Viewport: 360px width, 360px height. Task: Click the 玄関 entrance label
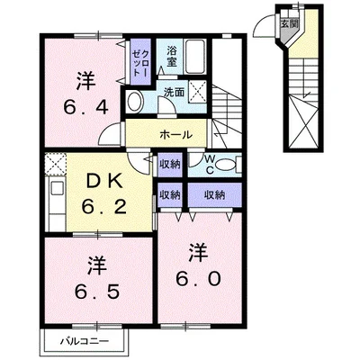(289, 24)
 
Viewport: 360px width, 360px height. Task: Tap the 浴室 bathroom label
(172, 56)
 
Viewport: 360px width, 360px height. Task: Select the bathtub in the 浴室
(195, 56)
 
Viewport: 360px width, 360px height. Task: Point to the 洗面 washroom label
(174, 92)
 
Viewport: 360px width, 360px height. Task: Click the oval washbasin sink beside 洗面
(134, 102)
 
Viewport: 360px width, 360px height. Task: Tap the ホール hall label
(176, 134)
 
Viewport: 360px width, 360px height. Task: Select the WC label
(210, 165)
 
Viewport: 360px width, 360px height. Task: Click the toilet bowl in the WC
(226, 165)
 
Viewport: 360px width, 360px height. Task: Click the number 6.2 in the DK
(104, 207)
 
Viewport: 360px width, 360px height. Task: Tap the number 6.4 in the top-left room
(85, 107)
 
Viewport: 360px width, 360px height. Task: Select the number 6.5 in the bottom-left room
(97, 292)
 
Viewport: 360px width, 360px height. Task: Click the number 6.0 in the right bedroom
(198, 279)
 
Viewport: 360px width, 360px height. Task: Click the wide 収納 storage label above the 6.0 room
(214, 195)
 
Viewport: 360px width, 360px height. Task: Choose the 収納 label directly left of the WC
(169, 164)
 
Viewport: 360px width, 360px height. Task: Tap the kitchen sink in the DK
(57, 189)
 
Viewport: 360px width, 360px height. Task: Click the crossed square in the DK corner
(56, 164)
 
